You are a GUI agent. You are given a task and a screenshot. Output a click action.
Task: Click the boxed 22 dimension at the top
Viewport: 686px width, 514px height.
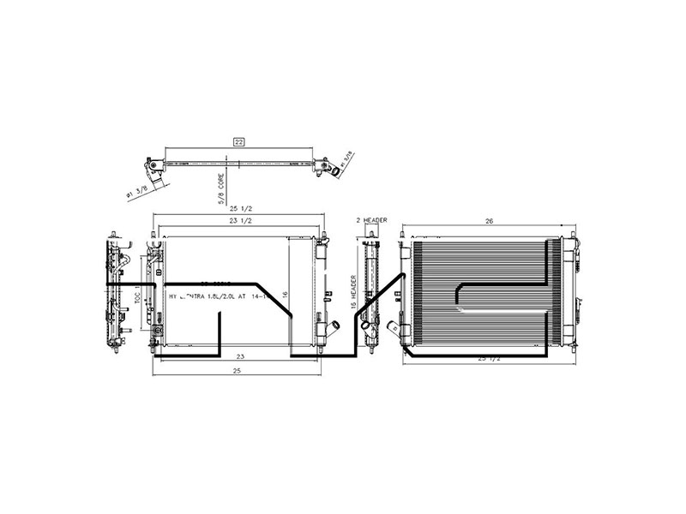pos(239,142)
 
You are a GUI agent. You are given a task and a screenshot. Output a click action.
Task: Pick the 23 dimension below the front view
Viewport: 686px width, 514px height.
pos(240,356)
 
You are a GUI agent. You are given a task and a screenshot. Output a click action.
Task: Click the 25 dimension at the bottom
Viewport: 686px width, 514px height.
pos(237,370)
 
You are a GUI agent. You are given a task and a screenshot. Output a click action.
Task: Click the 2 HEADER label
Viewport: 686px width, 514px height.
pos(371,220)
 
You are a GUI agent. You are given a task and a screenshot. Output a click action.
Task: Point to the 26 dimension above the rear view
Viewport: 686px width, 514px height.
pos(489,221)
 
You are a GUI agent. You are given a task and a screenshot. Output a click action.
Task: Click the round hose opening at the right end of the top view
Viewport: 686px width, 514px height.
pos(337,170)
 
